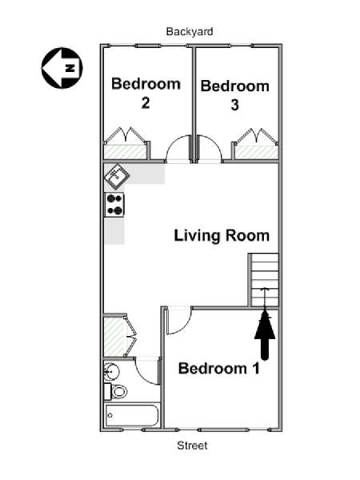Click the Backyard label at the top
click(x=190, y=31)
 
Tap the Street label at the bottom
click(x=192, y=446)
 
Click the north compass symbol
click(x=62, y=68)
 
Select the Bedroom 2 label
click(x=146, y=93)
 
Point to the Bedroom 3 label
click(x=234, y=95)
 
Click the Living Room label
click(x=222, y=236)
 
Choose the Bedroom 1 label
click(x=219, y=368)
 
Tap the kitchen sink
click(x=117, y=176)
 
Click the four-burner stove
click(x=114, y=205)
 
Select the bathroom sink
click(x=112, y=372)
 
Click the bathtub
click(x=132, y=415)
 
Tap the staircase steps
click(x=265, y=280)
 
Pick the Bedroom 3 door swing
click(x=210, y=148)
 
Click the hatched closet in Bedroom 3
click(x=257, y=152)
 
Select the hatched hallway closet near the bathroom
click(x=114, y=336)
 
